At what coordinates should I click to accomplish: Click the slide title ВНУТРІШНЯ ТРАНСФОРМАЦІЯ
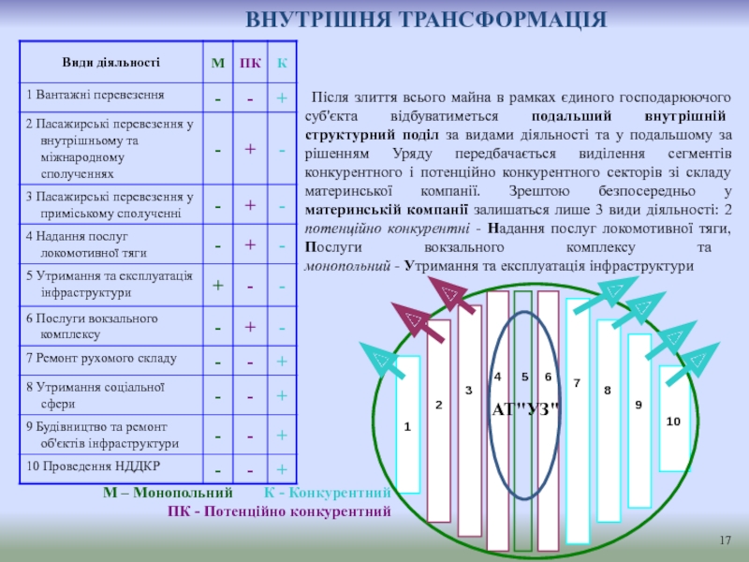[426, 20]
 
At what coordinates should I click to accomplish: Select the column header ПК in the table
[250, 64]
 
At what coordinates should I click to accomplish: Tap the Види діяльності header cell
[111, 63]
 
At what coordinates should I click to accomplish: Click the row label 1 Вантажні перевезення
[95, 96]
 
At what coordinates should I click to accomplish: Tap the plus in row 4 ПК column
[250, 245]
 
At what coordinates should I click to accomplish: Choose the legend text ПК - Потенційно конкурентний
[278, 511]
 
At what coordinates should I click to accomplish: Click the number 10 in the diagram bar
[672, 421]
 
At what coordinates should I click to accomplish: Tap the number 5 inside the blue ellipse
[525, 377]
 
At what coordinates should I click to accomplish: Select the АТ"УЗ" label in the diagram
[525, 409]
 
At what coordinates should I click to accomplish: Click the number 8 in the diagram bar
[607, 389]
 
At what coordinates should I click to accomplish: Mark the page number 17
[724, 541]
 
